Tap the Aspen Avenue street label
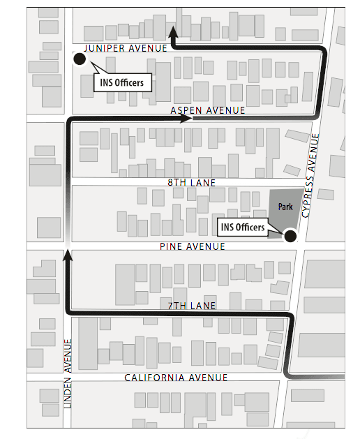coord(209,111)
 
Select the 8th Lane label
coord(192,182)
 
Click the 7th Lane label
coord(193,306)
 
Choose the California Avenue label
coord(176,378)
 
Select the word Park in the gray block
coord(285,207)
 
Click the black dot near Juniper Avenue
coord(80,59)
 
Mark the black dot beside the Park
coord(290,237)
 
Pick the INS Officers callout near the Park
coord(243,228)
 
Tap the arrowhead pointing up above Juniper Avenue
coord(173,31)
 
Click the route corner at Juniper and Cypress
coord(321,49)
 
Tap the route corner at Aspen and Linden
coord(69,120)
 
